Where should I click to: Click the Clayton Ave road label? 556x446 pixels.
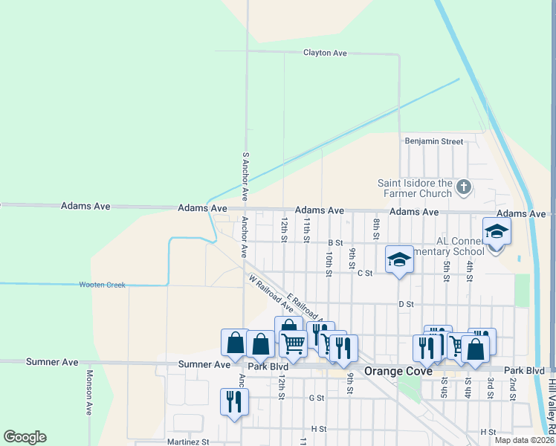pos(325,53)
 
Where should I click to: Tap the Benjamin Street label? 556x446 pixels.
pos(433,141)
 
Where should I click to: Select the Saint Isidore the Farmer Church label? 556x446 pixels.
pos(415,188)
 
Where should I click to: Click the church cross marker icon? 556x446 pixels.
pos(464,187)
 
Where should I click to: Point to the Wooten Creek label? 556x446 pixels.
pos(103,285)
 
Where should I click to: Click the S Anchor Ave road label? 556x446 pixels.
pos(245,176)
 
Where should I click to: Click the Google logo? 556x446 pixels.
pos(25,437)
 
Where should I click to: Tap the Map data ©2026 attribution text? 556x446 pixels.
pos(525,440)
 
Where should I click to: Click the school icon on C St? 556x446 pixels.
pos(398,260)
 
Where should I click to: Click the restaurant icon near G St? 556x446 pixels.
pos(234,401)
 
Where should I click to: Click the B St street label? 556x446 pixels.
pos(335,242)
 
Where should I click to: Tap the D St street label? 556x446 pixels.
pos(405,304)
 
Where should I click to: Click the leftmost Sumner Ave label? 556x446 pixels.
pos(52,362)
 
